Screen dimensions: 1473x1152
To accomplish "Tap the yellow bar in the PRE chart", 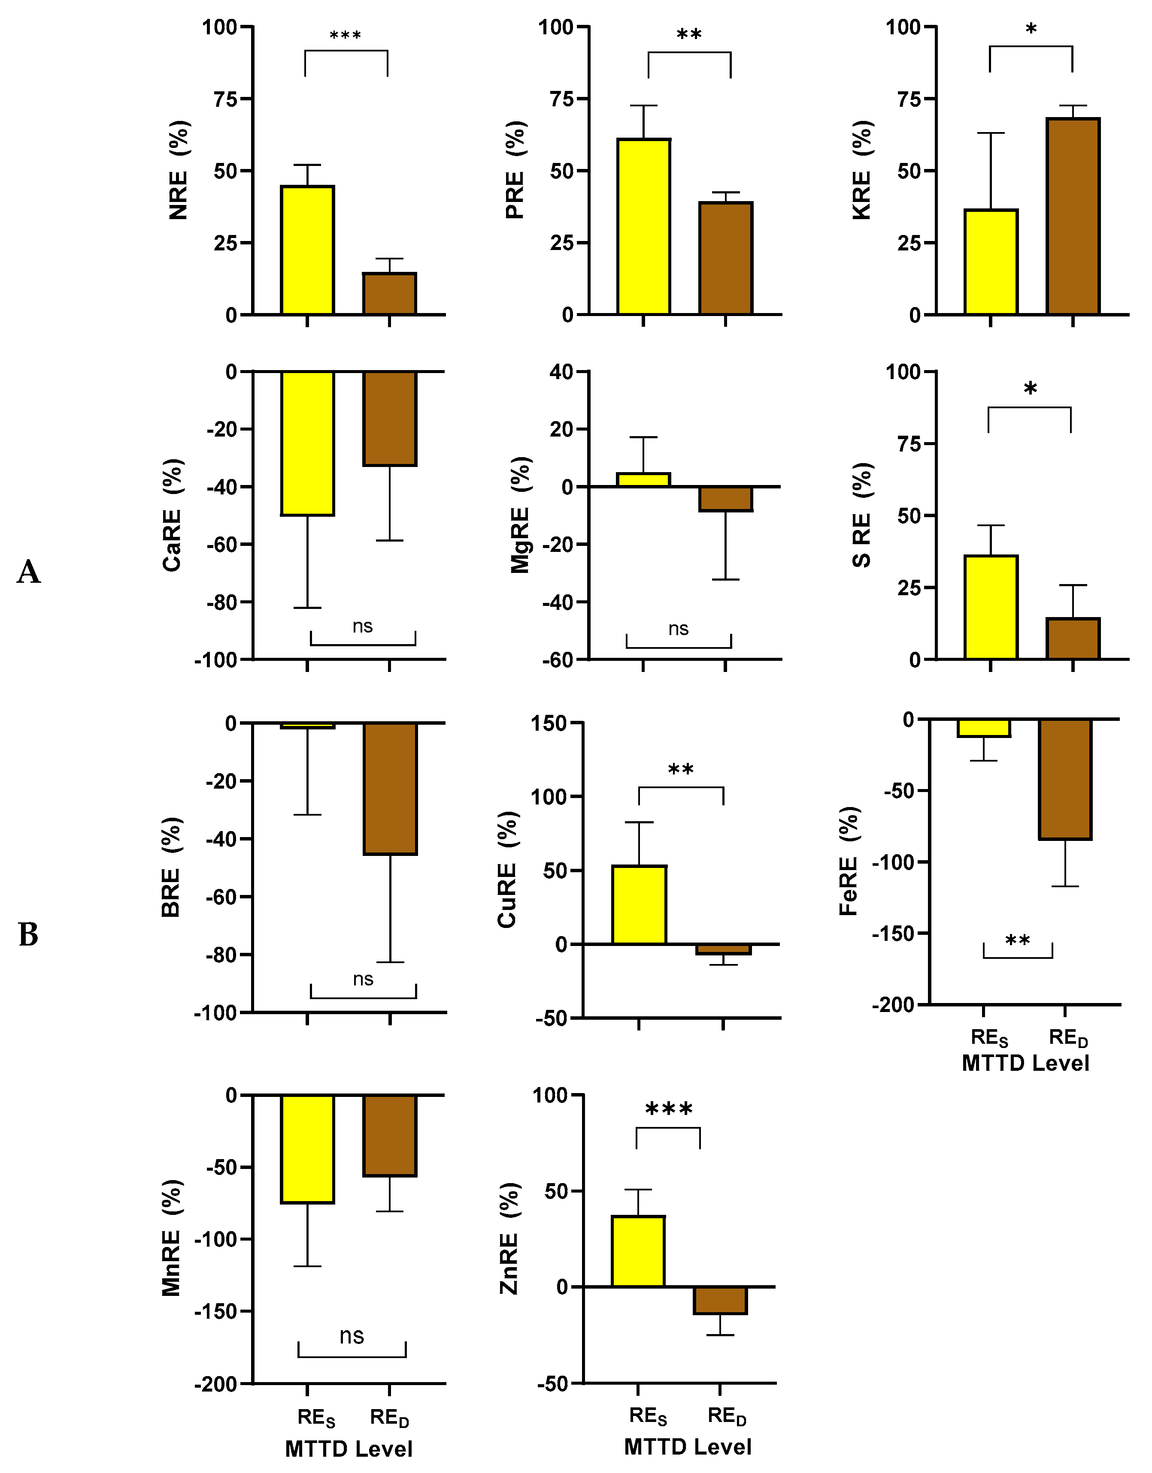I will (644, 226).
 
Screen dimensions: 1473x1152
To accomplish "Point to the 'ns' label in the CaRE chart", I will (362, 627).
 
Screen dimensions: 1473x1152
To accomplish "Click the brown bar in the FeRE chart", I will (1064, 779).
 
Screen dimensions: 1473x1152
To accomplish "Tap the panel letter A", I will (28, 572).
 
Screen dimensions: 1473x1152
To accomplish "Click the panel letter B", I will (28, 935).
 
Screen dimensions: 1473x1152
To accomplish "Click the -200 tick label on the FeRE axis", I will (893, 1005).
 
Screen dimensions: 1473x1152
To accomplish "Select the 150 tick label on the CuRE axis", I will (549, 724).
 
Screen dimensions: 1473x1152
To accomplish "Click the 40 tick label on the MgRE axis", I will (561, 372).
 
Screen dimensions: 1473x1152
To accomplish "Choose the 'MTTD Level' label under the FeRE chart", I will (1025, 1063).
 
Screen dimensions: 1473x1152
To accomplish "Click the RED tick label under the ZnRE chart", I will (727, 1416).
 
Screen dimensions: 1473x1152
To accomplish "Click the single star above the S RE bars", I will (1030, 389).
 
